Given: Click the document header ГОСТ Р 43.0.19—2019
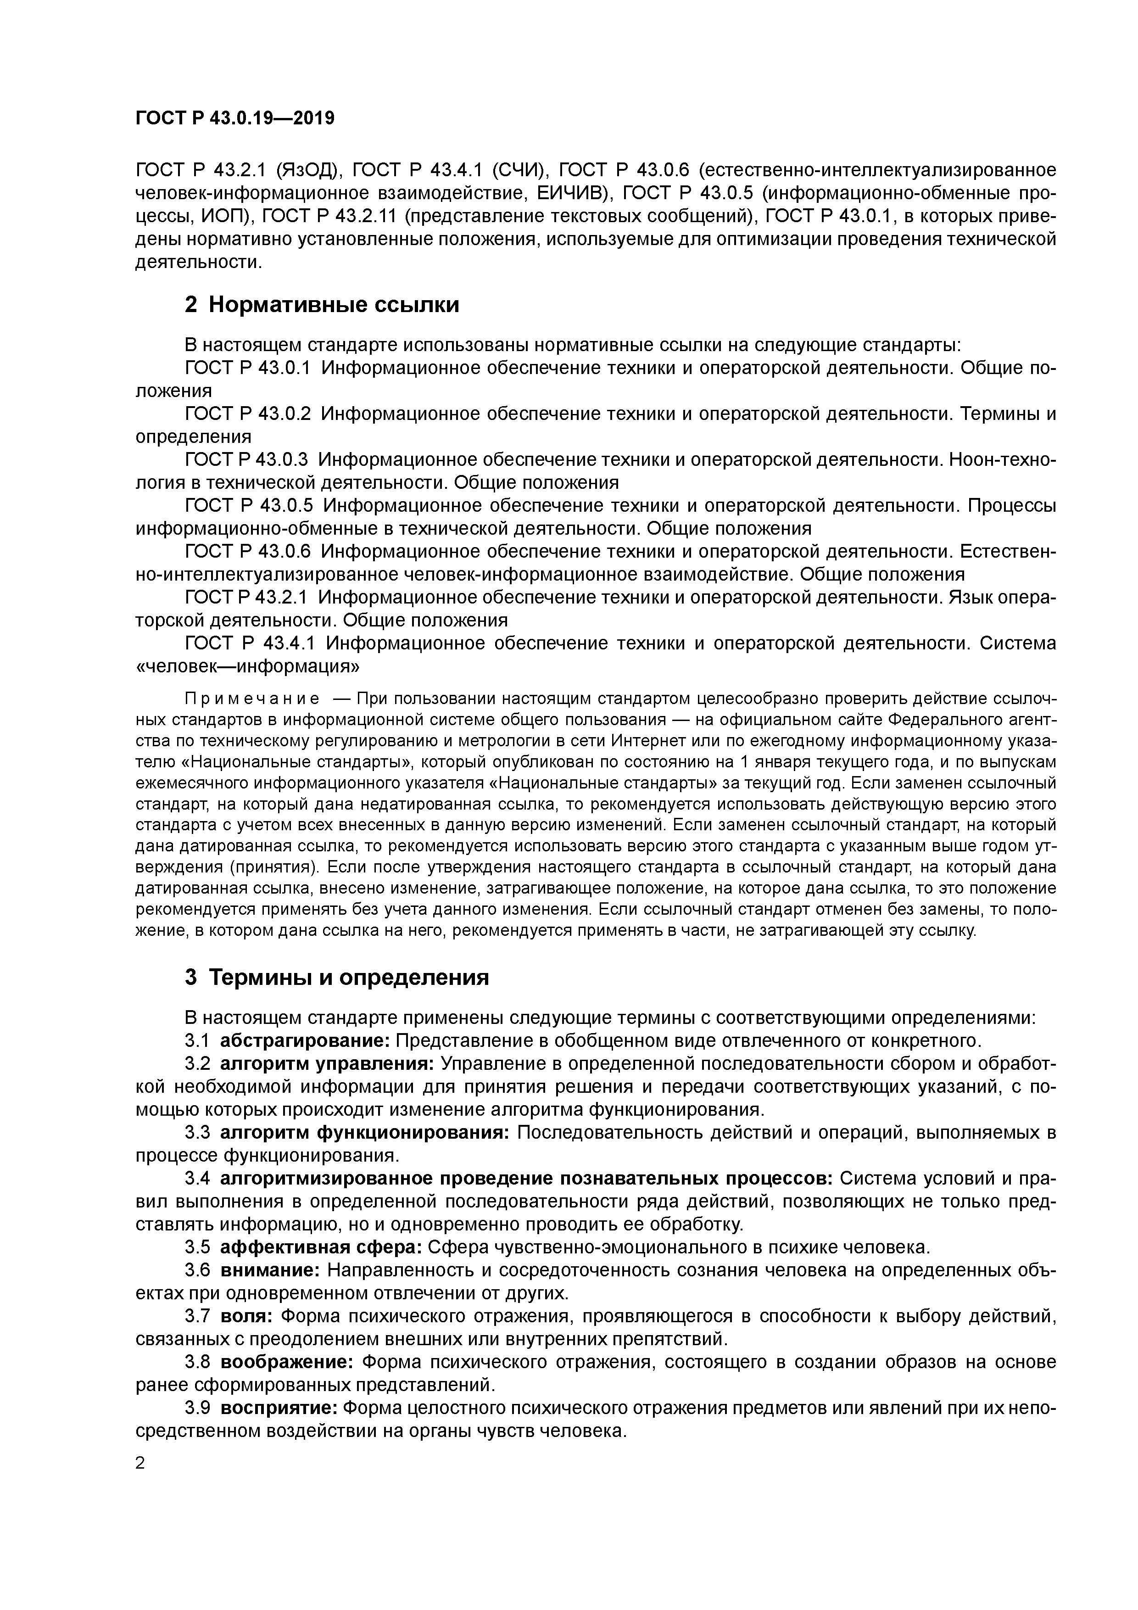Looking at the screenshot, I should (x=235, y=118).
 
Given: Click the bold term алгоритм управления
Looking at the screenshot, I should (x=328, y=1063).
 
